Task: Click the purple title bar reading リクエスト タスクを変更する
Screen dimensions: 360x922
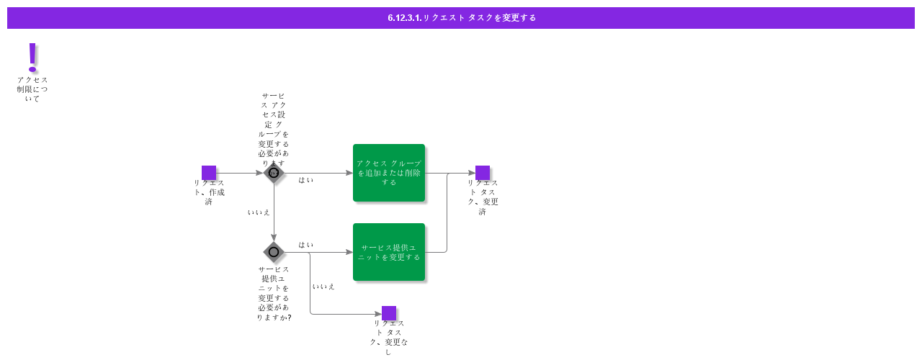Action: pos(461,18)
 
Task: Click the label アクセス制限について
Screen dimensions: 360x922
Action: pos(32,89)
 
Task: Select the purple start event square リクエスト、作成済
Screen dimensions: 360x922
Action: pos(209,173)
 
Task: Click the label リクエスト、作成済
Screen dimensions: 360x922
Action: pos(209,192)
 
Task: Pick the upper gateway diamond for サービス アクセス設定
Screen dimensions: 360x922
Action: pos(274,173)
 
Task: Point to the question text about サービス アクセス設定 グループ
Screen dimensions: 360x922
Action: pos(274,128)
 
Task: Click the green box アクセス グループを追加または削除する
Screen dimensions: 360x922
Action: pos(389,173)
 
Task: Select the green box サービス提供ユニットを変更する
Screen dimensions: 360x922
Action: pos(389,252)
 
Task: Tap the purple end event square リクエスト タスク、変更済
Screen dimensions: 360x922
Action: pos(483,173)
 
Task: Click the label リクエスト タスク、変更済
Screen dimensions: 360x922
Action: pos(483,197)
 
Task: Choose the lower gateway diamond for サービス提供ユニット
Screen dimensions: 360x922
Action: pos(274,252)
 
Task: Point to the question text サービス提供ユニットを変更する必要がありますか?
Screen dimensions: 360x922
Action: pos(274,293)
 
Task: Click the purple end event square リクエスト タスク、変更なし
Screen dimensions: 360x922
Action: pos(389,313)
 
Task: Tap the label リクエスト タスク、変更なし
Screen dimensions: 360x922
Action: pos(389,337)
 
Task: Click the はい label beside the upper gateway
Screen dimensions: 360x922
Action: pos(306,180)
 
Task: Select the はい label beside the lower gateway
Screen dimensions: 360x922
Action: pos(306,245)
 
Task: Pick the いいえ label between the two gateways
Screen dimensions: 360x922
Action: pos(259,212)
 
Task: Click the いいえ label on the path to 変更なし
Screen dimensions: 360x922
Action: pos(323,287)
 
